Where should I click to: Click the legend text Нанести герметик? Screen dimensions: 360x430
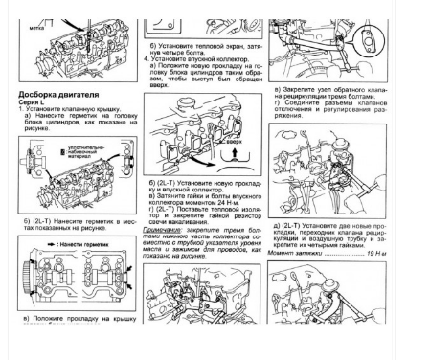pos(78,243)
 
